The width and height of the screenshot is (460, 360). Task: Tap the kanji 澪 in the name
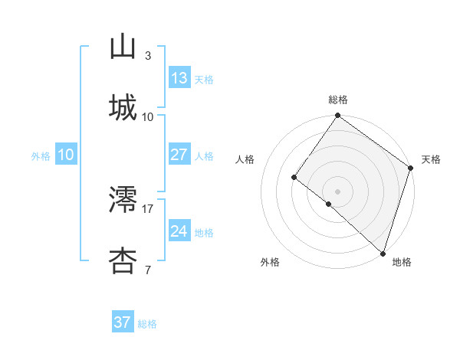123,199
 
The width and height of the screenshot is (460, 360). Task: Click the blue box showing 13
179,78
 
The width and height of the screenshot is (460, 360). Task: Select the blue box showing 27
179,155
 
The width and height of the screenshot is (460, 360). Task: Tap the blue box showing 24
179,231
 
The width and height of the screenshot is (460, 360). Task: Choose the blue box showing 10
66,155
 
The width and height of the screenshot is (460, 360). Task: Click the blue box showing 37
123,322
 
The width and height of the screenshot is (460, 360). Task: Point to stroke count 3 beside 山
148,55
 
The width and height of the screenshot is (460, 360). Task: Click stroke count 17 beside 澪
148,208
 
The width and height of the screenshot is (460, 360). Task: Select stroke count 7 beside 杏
148,270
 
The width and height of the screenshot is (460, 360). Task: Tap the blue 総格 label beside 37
148,324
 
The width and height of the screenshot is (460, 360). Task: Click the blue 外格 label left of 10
41,156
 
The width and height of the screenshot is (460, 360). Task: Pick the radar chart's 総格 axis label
338,100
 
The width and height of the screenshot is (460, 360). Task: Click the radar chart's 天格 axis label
431,159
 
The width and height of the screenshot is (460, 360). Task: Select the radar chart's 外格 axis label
270,262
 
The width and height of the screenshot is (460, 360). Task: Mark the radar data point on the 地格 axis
383,253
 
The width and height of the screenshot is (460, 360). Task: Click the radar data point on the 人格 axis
294,177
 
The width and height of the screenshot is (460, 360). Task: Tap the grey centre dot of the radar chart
337,191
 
